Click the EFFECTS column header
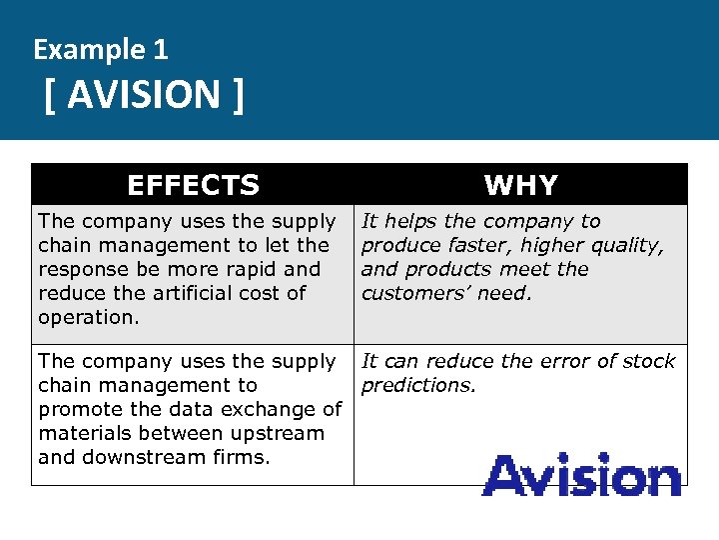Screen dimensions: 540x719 pos(193,185)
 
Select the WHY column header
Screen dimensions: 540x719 pos(520,185)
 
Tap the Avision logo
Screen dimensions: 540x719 pos(581,475)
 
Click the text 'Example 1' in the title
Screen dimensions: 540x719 pos(101,48)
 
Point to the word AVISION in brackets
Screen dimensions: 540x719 pos(144,95)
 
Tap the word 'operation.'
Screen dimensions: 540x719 pos(89,317)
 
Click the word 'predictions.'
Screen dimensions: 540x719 pos(418,386)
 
